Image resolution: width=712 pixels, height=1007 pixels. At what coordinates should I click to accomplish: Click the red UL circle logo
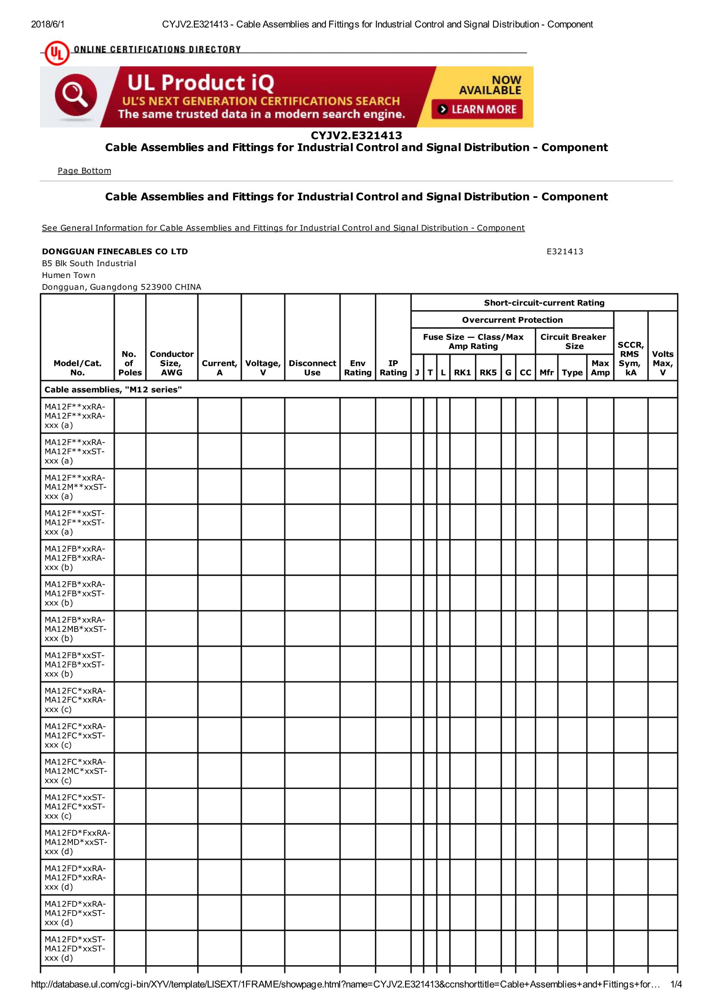tap(56, 53)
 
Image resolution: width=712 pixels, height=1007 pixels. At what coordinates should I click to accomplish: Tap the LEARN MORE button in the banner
tap(477, 109)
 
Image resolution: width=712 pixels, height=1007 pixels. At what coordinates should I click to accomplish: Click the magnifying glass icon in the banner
tap(75, 96)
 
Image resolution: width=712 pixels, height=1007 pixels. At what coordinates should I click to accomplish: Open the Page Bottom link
tap(84, 171)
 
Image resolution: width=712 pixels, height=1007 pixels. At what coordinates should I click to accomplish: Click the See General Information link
tap(283, 228)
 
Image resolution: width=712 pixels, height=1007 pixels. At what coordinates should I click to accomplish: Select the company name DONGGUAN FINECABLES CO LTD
tap(115, 251)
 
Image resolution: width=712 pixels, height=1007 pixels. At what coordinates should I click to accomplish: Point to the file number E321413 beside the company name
tap(565, 251)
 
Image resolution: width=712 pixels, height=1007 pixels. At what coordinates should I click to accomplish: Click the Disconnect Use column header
tap(312, 368)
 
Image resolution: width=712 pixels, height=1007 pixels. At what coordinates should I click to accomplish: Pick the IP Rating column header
tap(393, 368)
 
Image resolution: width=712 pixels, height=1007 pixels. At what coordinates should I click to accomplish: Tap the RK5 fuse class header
tap(488, 372)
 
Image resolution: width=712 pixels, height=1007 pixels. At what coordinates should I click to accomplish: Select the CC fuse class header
tap(525, 372)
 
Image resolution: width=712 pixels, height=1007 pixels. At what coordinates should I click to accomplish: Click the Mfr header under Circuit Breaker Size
tap(546, 372)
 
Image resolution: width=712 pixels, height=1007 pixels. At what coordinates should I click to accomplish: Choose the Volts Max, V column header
tap(662, 363)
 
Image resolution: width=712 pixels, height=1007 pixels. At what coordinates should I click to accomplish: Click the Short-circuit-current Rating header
tap(544, 302)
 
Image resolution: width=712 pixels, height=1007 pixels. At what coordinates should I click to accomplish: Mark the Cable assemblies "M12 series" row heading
tap(113, 390)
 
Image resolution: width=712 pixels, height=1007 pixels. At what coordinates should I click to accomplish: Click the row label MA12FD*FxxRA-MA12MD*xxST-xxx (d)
tap(77, 842)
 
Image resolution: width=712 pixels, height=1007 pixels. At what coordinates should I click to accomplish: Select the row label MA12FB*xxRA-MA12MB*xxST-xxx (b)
tap(75, 629)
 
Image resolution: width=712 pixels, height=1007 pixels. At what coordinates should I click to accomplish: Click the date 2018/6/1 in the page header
tap(47, 24)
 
